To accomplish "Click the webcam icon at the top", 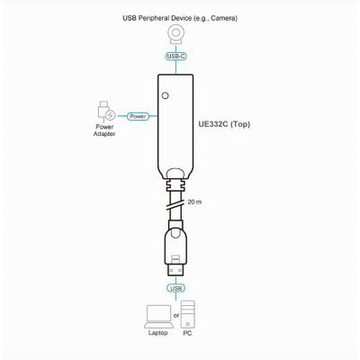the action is point(175,34).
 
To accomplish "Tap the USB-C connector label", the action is point(175,56).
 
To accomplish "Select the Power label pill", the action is point(138,116).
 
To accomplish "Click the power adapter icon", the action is point(105,112).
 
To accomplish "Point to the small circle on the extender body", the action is point(165,95).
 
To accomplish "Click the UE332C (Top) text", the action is point(224,124).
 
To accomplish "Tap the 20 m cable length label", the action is point(194,202).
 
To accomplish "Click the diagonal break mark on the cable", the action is point(175,206).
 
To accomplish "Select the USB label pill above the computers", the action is point(175,288).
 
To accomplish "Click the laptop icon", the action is point(158,317).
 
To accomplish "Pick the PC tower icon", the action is point(188,314).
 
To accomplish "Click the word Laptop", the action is point(158,333).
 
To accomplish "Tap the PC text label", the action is point(187,333).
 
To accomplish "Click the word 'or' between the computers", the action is point(176,315).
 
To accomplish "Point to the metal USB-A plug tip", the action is point(175,270).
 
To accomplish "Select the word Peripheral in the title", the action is point(151,18).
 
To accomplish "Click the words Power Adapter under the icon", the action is point(104,130).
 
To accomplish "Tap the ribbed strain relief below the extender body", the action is point(175,185).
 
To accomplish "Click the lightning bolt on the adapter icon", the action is point(111,115).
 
